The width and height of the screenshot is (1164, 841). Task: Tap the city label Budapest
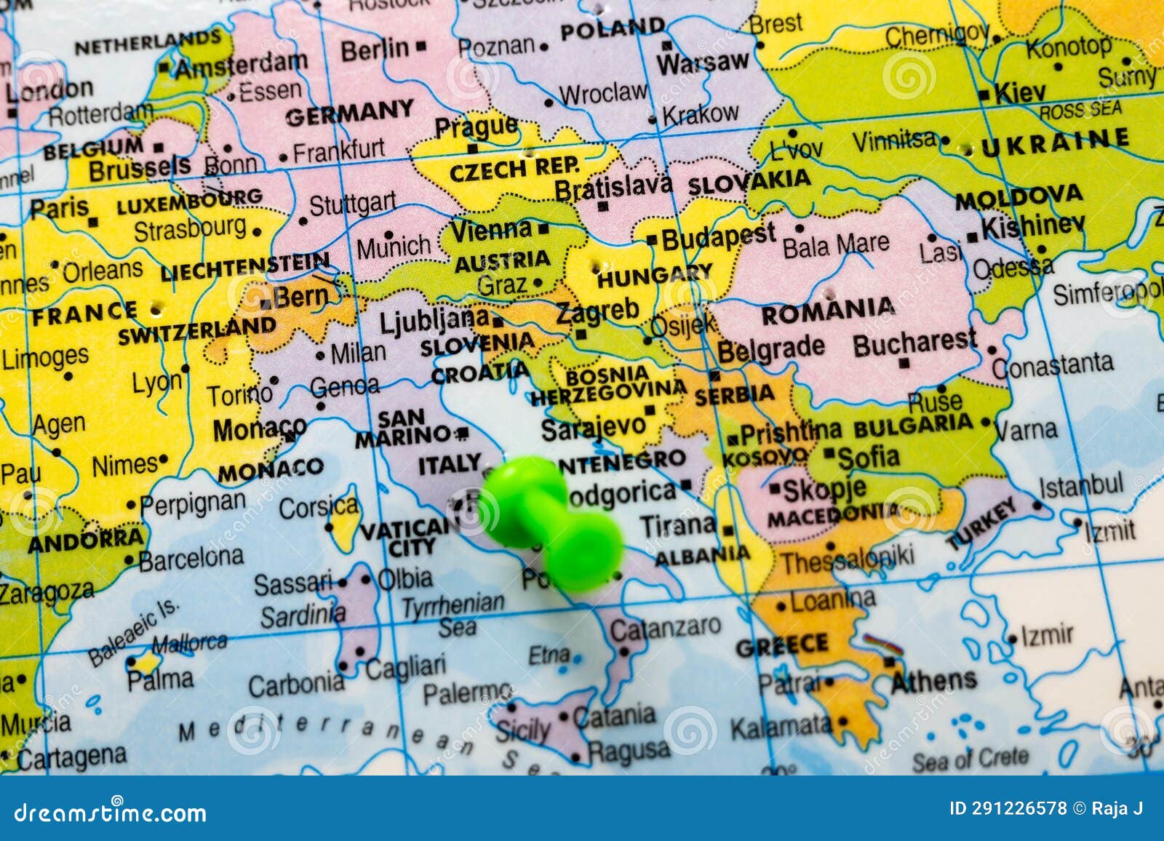(x=718, y=236)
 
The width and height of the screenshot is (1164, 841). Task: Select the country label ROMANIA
(x=827, y=311)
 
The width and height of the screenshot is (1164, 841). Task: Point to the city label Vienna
(x=492, y=231)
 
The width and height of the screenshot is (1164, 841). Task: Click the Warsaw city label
(x=702, y=63)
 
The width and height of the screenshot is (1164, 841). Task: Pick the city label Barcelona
(x=191, y=559)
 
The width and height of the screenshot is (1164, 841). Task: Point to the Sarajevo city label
(x=593, y=429)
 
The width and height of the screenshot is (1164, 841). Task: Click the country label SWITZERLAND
(x=197, y=330)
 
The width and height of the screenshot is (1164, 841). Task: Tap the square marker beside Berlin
(x=420, y=46)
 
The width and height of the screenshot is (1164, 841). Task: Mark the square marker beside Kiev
(x=984, y=95)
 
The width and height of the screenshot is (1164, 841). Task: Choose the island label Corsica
(x=318, y=507)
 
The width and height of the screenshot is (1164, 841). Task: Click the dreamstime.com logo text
(x=111, y=812)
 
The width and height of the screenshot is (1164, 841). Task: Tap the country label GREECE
(x=781, y=645)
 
